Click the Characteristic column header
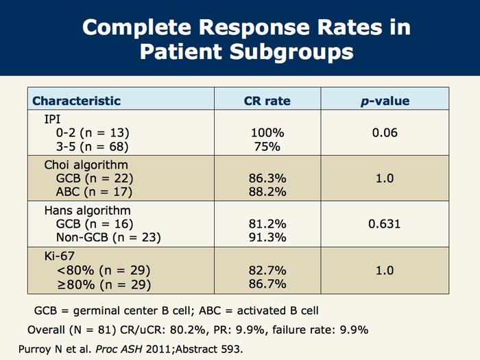pos(76,101)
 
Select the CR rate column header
pos(267,101)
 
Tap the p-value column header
pos(385,101)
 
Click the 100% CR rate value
pos(267,132)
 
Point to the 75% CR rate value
pos(267,145)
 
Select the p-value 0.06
pos(385,132)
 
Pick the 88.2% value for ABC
pos(267,191)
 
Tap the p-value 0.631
pos(385,224)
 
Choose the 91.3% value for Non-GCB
pos(267,237)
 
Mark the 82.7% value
pos(267,270)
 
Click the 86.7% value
pos(267,283)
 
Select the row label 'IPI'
pos(53,119)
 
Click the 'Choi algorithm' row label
pos(86,165)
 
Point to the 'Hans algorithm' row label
pos(87,211)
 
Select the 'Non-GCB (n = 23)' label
pos(108,237)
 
